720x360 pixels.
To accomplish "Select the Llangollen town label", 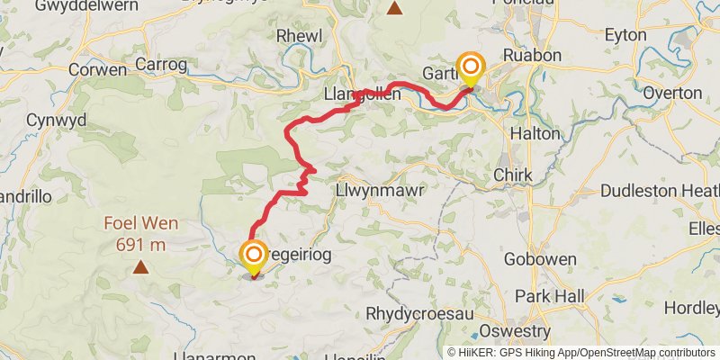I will point(362,93).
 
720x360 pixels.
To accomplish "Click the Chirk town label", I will point(513,175).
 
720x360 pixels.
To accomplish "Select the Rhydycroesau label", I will point(415,314).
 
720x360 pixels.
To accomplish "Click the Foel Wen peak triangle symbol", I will point(141,266).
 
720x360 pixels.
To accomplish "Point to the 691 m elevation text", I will point(141,243).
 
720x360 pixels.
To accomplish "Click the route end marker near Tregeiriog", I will point(254,256).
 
